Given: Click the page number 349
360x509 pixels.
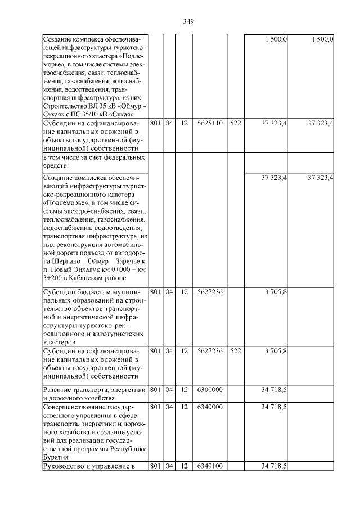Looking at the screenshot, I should pos(188,21).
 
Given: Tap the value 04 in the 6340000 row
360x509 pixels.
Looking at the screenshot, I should pos(169,407).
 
